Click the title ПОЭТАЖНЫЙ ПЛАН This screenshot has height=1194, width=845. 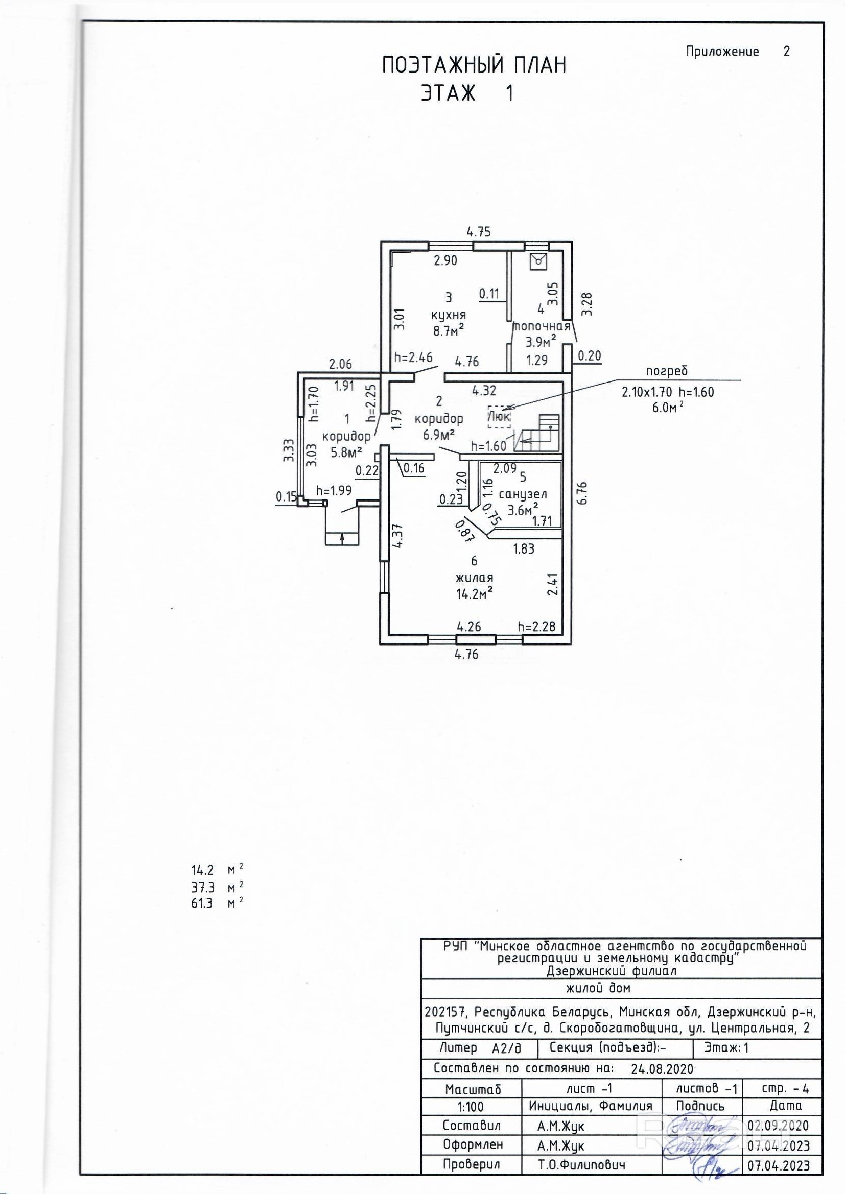474,66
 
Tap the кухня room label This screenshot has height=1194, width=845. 448,315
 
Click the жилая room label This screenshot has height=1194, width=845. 474,577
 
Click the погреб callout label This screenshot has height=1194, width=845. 667,371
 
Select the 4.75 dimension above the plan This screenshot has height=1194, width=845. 478,232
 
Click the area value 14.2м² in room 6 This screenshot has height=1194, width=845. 474,593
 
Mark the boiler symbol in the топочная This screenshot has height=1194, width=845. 537,261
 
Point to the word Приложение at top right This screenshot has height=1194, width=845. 722,52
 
